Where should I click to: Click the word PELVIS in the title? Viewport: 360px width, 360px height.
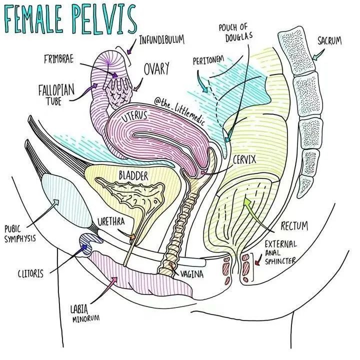[x=102, y=18]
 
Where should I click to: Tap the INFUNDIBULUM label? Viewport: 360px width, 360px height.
[x=161, y=39]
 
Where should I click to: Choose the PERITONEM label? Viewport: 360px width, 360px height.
[x=209, y=61]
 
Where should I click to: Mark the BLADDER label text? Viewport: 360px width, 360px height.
[x=133, y=176]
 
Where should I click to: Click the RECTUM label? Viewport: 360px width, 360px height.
[x=294, y=226]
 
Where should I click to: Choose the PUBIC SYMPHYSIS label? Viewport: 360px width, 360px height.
[x=19, y=233]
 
